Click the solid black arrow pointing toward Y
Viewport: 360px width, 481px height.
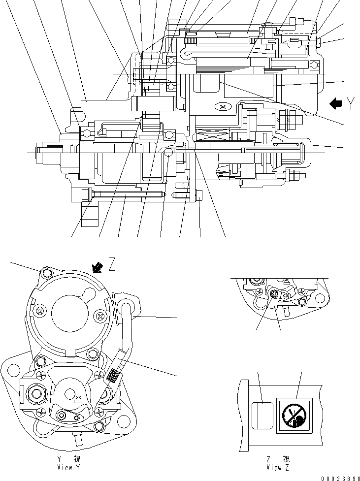[336, 103]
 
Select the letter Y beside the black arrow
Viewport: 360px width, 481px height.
[351, 103]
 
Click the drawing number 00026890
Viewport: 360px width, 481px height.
[338, 477]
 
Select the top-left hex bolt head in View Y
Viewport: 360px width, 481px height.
[46, 273]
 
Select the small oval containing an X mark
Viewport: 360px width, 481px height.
[223, 106]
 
